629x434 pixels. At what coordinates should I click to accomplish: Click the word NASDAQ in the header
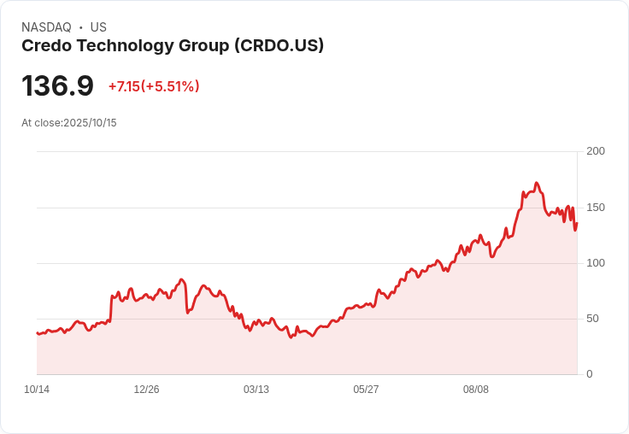click(46, 27)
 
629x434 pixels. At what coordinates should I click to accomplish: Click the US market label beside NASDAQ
click(98, 27)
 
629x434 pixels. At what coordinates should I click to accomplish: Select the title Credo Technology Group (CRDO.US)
click(172, 46)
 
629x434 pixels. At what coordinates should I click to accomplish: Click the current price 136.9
click(57, 86)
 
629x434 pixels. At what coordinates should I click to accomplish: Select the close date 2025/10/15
click(90, 123)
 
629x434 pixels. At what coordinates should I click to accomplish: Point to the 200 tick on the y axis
click(595, 151)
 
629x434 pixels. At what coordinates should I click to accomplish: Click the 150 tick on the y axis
click(595, 208)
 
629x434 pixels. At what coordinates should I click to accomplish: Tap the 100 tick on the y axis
click(595, 263)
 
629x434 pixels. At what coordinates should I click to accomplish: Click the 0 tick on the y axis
click(590, 374)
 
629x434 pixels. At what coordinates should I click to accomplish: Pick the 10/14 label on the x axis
click(37, 390)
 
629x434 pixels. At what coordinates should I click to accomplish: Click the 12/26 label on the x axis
click(146, 390)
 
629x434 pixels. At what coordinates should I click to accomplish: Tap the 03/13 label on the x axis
click(256, 390)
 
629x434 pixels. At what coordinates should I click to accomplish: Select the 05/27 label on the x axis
click(366, 390)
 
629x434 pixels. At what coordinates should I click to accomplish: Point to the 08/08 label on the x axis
click(476, 390)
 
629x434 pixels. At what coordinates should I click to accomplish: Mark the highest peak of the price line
click(536, 183)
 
